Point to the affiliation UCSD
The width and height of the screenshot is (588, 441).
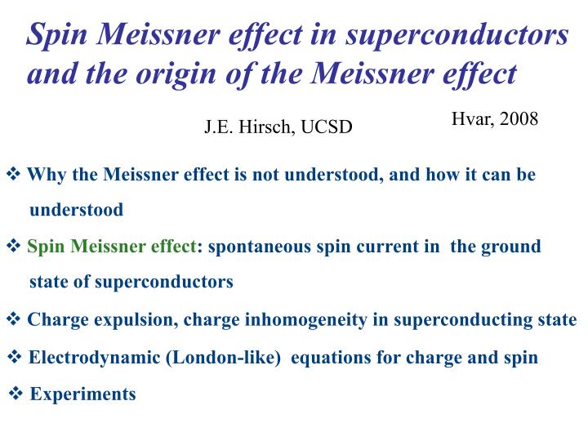pyautogui.click(x=327, y=128)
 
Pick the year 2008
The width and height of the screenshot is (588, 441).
pyautogui.click(x=519, y=119)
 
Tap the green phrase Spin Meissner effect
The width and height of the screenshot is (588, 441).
pyautogui.click(x=112, y=247)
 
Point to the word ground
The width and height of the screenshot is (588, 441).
pyautogui.click(x=513, y=247)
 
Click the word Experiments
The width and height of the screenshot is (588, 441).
pyautogui.click(x=82, y=394)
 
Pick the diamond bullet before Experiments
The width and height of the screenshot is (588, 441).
pyautogui.click(x=16, y=394)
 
